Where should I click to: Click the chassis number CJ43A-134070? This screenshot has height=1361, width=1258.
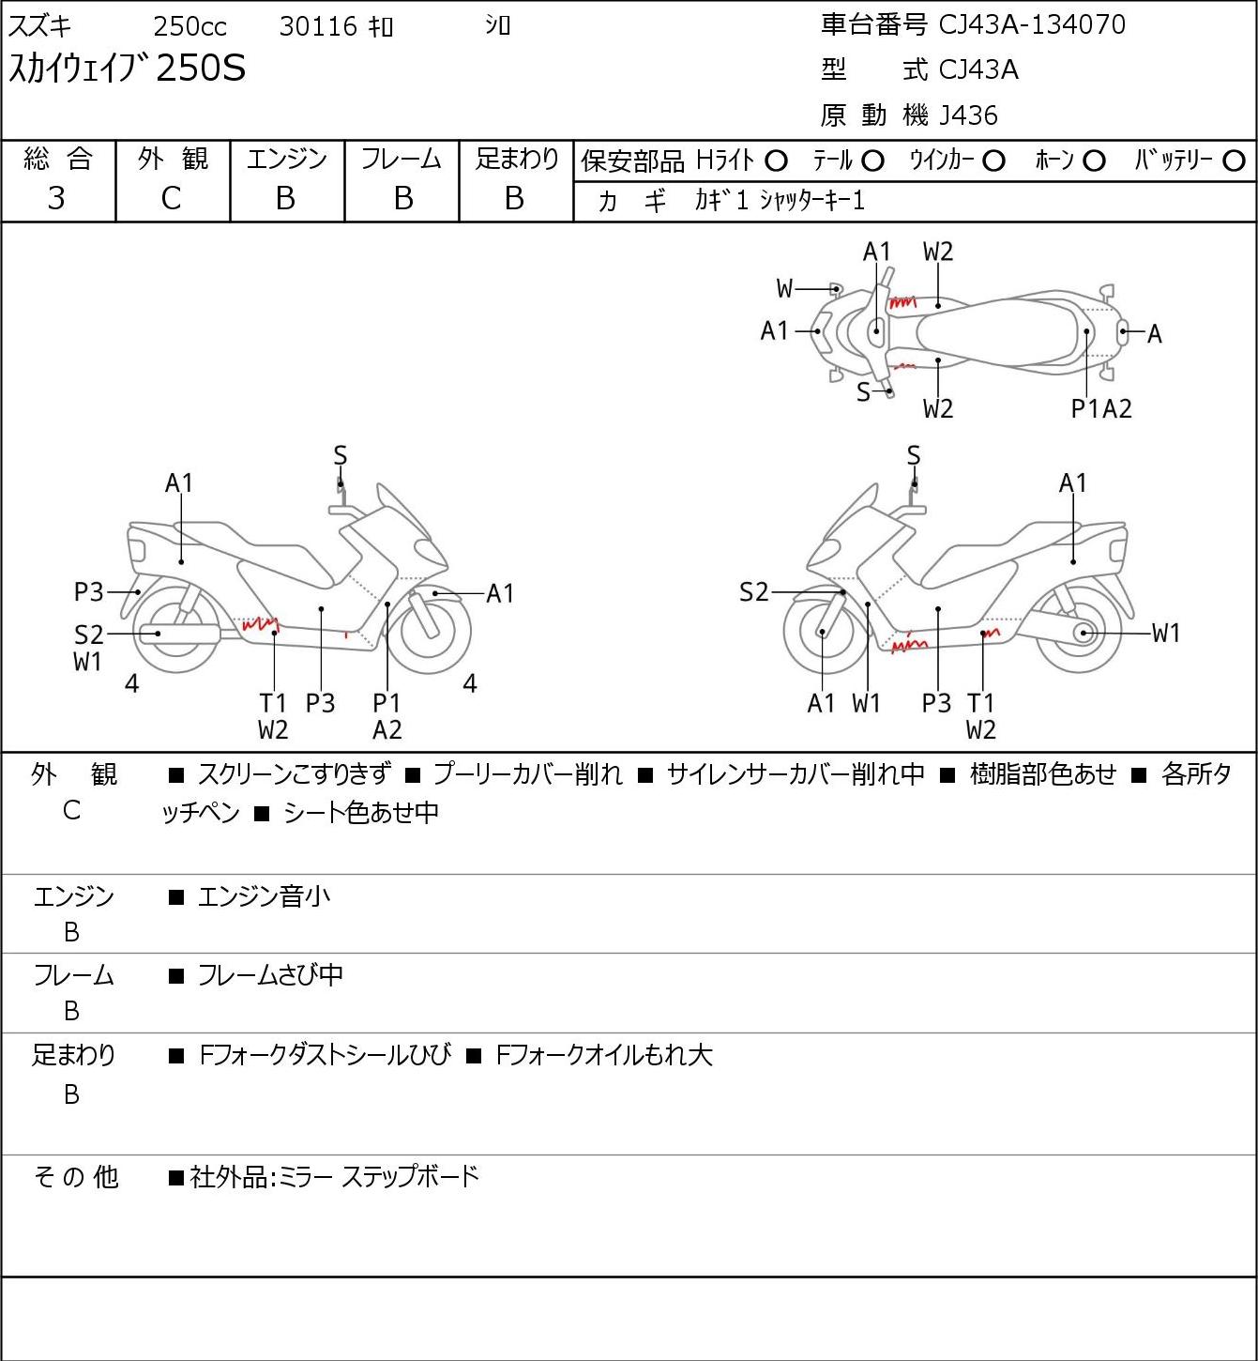tap(1032, 25)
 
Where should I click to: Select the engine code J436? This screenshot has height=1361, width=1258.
tap(968, 115)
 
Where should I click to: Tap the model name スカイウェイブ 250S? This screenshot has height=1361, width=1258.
tap(126, 69)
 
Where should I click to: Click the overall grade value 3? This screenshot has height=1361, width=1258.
tap(56, 199)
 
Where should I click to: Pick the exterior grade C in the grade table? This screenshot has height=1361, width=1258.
tap(171, 199)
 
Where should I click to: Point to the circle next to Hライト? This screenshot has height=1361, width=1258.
tap(776, 161)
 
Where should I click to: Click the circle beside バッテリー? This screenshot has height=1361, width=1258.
tap(1234, 161)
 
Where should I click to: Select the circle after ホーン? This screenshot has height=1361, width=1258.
tap(1094, 161)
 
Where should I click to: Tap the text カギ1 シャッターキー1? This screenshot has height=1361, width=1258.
tap(780, 201)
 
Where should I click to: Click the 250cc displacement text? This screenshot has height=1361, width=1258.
tap(189, 26)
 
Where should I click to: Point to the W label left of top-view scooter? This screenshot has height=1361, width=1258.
tap(784, 288)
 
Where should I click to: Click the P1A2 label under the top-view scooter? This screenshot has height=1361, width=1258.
tap(1101, 408)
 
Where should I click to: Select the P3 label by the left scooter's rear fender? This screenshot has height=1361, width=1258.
tap(88, 591)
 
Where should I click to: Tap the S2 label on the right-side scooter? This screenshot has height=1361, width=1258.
tap(753, 591)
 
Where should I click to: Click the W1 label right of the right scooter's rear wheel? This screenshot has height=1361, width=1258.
tap(1166, 634)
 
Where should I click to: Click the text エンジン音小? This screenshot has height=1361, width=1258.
tap(264, 896)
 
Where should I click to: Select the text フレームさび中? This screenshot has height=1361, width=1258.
tap(270, 975)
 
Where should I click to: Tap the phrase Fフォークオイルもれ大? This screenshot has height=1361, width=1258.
tap(603, 1055)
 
